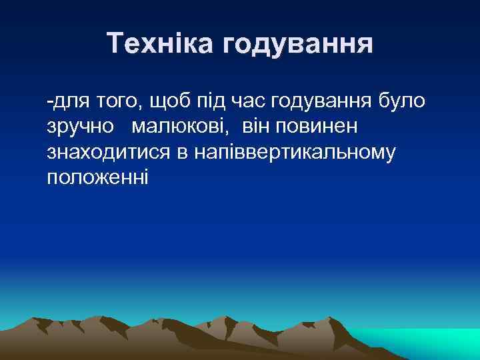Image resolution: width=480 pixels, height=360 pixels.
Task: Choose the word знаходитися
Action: [x=109, y=153]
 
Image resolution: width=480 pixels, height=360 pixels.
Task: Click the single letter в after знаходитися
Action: [x=182, y=153]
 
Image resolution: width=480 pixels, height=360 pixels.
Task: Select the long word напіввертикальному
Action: [x=295, y=153]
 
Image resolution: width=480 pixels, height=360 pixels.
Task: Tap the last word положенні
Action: [x=98, y=178]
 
